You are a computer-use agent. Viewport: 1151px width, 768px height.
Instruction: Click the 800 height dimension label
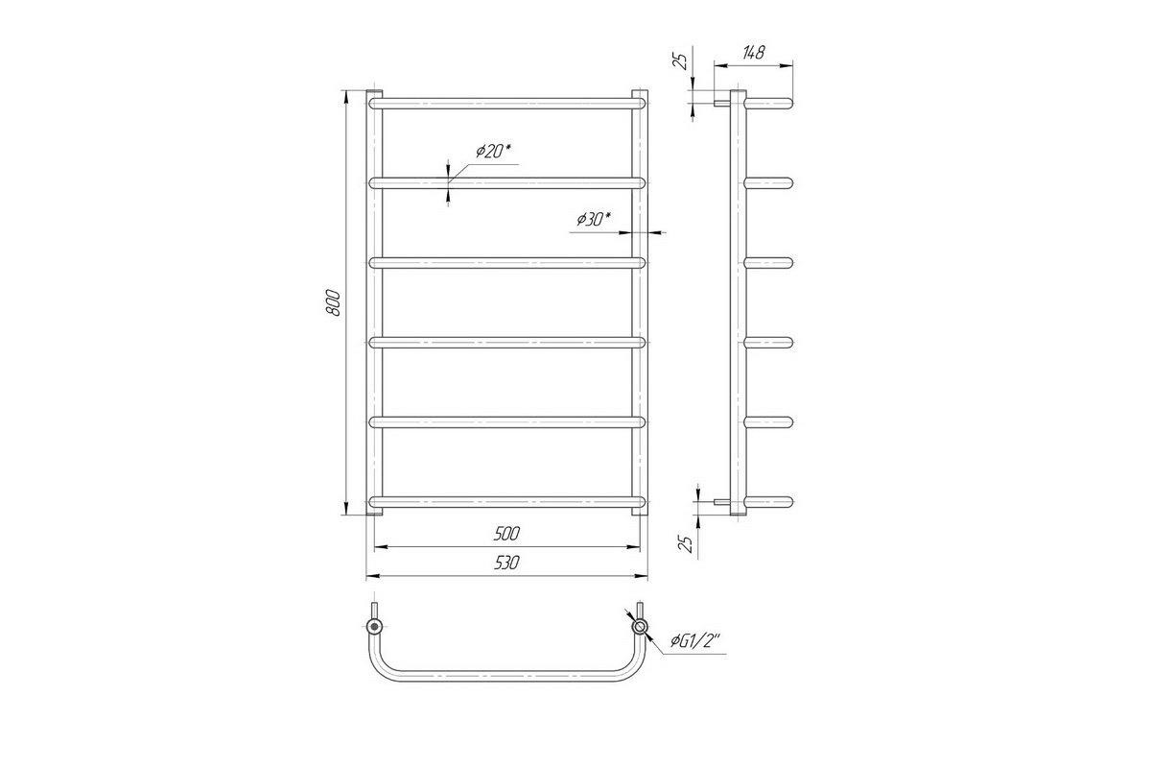[x=333, y=302]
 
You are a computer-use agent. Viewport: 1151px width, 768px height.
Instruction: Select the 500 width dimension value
[x=506, y=534]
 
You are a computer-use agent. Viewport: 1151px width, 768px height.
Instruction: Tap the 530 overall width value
[x=506, y=563]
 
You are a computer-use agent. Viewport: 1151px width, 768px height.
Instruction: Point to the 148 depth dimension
[x=753, y=53]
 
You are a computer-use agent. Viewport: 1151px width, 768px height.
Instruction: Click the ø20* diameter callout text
[x=494, y=152]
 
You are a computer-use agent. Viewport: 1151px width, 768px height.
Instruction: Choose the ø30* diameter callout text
[x=594, y=220]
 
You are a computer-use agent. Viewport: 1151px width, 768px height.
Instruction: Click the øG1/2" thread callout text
[x=695, y=641]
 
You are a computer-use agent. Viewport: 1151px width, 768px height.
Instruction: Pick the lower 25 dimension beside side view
[x=686, y=543]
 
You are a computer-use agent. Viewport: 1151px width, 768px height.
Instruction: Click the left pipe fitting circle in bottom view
[x=375, y=627]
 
